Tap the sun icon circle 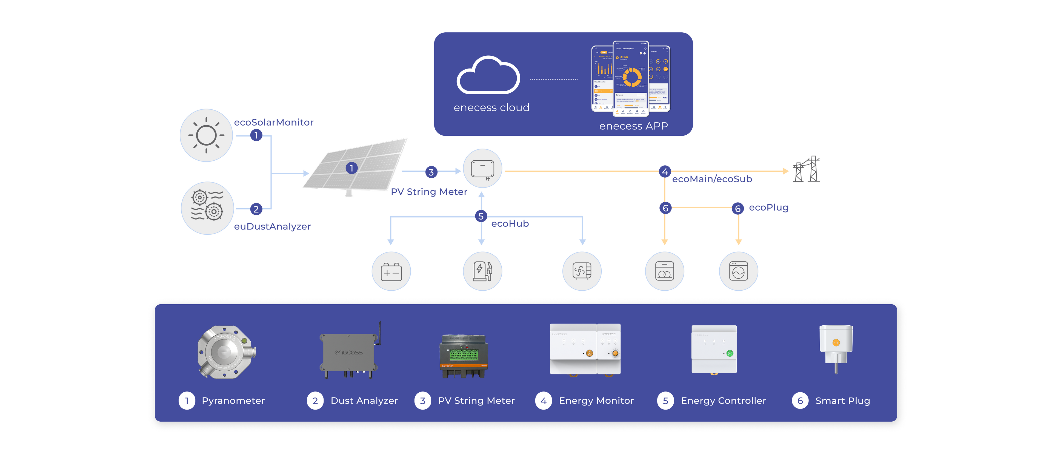point(206,135)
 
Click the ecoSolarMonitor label point(274,122)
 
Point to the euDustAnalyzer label point(272,226)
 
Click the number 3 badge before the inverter point(431,172)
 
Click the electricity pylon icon point(807,169)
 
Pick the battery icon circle point(391,271)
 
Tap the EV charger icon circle point(482,271)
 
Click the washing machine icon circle point(738,271)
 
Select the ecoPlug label point(768,208)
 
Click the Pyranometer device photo point(226,352)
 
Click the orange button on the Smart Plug point(836,342)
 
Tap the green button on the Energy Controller point(730,353)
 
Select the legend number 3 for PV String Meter point(423,401)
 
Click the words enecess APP point(633,126)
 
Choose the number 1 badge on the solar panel point(351,168)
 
